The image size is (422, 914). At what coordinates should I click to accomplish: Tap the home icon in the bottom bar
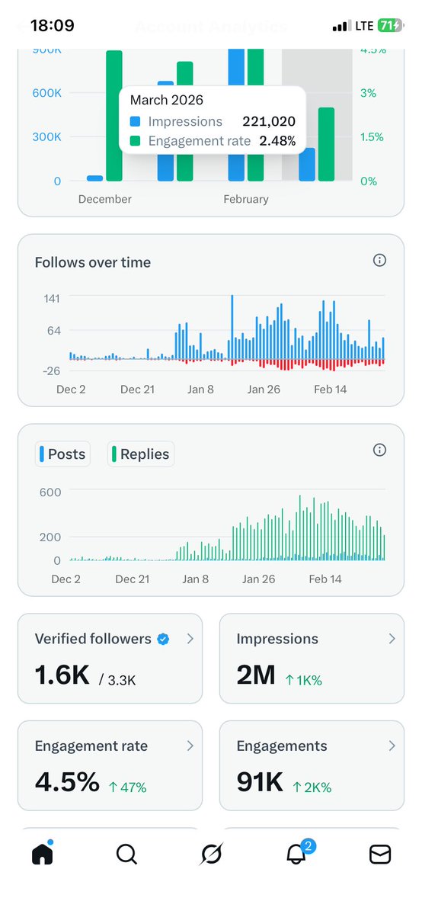[43, 855]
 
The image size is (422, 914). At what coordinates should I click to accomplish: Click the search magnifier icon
[126, 855]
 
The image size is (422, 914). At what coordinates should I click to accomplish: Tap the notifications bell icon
[296, 855]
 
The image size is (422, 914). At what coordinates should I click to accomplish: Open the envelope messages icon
[379, 855]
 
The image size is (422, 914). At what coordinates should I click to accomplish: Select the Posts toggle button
[62, 454]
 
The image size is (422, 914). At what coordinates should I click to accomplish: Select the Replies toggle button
[140, 454]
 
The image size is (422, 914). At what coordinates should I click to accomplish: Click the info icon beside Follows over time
[379, 261]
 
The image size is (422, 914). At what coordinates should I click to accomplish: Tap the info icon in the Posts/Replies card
[379, 450]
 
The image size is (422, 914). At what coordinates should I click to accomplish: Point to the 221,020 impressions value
[269, 121]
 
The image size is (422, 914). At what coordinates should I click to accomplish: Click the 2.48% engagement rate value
[277, 140]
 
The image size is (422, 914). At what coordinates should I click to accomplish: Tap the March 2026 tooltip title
[167, 100]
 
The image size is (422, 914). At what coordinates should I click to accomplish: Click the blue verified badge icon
[163, 639]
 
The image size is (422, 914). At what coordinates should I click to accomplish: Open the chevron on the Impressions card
[392, 639]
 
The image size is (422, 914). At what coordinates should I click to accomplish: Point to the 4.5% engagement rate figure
[67, 782]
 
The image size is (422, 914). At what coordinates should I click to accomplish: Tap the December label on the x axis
[105, 199]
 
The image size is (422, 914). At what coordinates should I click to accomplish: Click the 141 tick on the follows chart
[52, 297]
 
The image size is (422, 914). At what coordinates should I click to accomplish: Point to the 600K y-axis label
[46, 93]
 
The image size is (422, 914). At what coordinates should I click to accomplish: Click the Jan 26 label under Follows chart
[265, 389]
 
